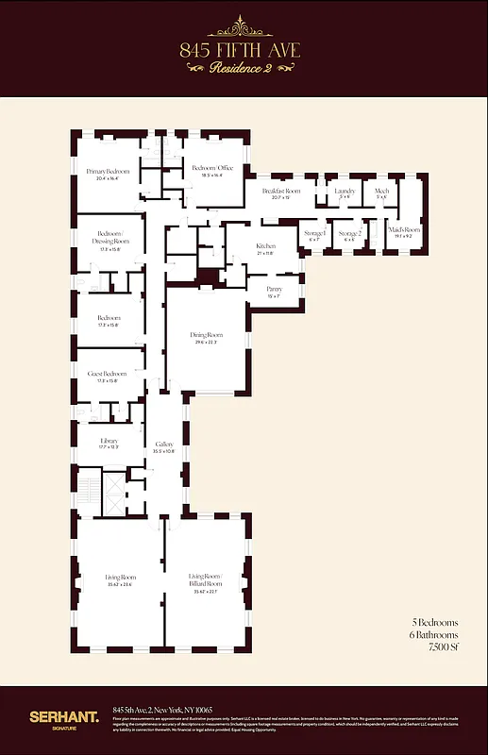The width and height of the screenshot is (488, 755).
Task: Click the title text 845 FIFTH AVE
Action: coord(244,50)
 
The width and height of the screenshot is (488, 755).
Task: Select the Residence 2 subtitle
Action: coord(244,69)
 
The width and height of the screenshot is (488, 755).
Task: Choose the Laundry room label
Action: coord(345,193)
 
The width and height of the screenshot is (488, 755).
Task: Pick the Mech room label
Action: coord(381,193)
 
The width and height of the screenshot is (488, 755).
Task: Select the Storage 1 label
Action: coord(314,234)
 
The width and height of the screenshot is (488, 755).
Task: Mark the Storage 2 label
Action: coord(350,234)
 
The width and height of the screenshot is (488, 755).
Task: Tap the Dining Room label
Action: coord(208,338)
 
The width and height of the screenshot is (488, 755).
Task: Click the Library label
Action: coord(109,442)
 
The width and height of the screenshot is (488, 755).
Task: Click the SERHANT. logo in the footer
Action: coord(63,718)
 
